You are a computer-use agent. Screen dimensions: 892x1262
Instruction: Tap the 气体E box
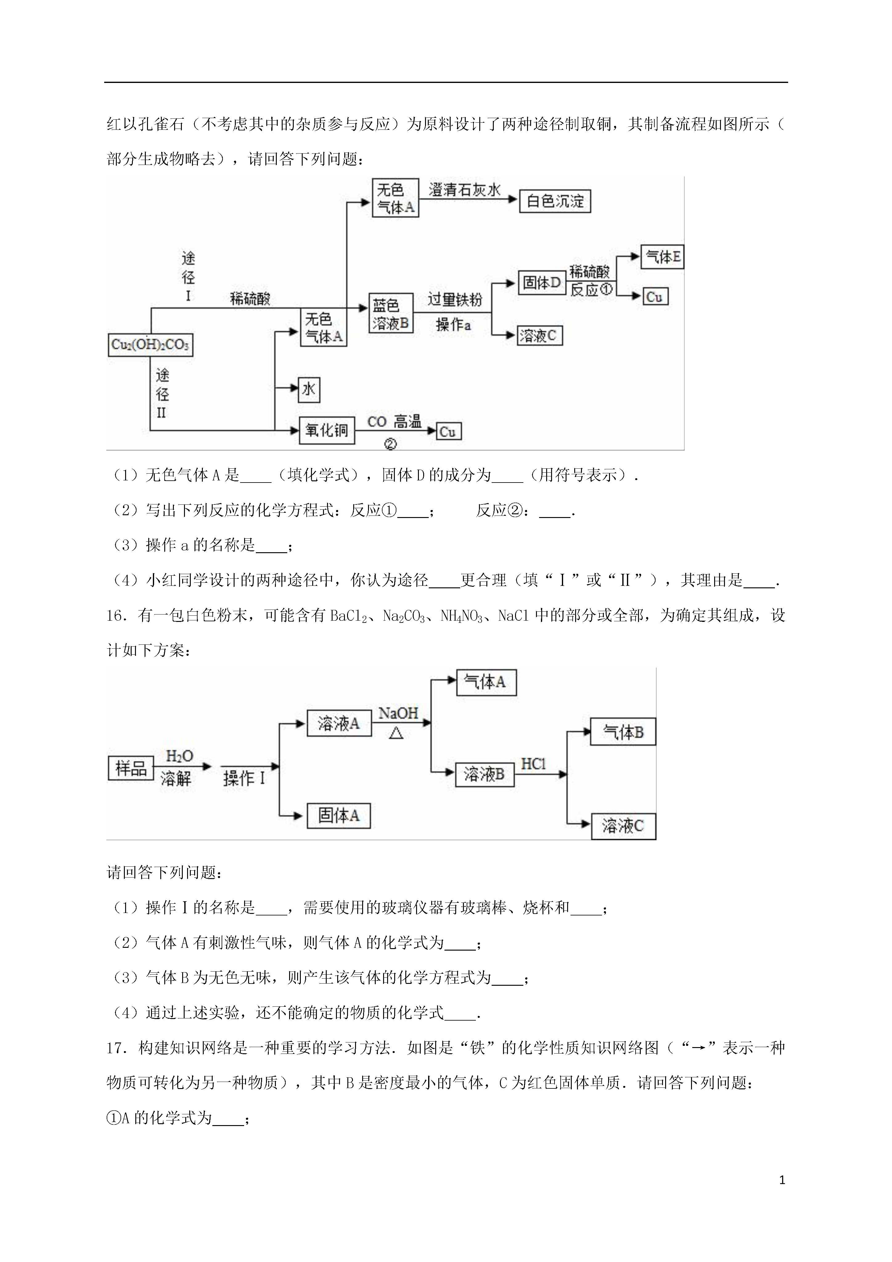coord(662,257)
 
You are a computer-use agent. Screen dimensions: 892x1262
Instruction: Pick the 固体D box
coord(542,282)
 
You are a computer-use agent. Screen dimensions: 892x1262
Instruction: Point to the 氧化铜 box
coord(327,430)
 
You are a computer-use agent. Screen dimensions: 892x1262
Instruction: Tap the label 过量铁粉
coord(455,300)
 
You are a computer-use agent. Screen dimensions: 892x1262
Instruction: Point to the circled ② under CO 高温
coord(390,444)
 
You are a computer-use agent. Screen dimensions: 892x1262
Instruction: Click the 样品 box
coord(131,768)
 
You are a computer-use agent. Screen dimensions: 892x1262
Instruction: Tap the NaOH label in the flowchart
coord(399,713)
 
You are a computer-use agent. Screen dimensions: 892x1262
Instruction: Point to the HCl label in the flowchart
coord(533,763)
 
